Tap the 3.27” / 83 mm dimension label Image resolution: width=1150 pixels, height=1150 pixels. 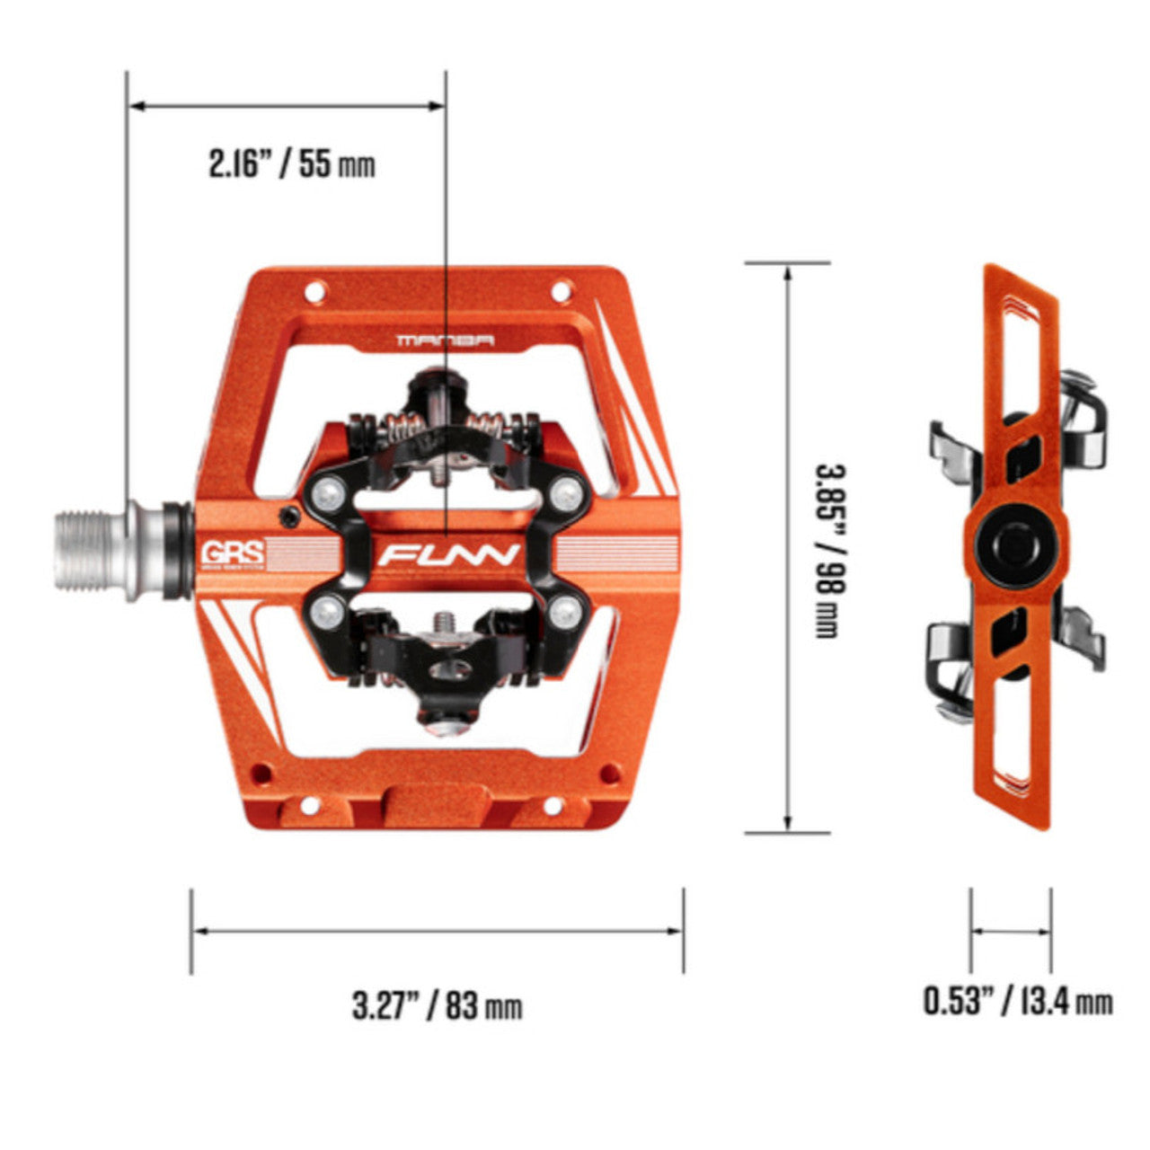pos(437,1005)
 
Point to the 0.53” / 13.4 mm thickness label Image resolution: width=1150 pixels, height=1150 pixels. pos(1018,1000)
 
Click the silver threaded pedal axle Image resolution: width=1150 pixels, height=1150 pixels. pos(94,553)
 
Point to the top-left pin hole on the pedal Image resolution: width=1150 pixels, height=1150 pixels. pos(314,292)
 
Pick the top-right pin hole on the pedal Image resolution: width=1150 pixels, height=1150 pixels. pos(562,290)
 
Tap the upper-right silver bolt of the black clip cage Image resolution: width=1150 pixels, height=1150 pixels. pos(566,490)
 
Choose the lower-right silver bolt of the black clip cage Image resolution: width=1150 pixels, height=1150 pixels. pos(564,614)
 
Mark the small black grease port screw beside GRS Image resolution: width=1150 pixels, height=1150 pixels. pos(289,516)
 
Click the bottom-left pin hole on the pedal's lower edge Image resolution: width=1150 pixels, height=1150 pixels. pos(261,773)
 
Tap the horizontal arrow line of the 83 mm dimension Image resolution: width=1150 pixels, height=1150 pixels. pos(437,931)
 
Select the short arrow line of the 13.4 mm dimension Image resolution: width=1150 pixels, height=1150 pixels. pos(1011,932)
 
